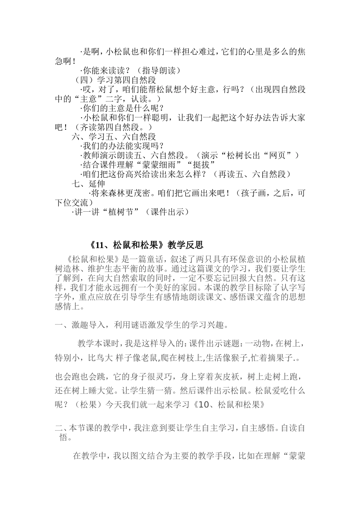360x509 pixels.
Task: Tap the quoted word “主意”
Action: (x=88, y=99)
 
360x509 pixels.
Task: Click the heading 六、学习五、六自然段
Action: (x=114, y=137)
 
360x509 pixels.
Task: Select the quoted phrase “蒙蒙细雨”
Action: (x=170, y=165)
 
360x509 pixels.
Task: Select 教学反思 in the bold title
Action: (x=185, y=245)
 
